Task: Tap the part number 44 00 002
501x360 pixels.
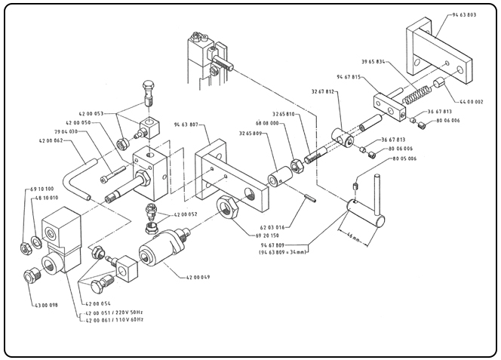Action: pos(472,101)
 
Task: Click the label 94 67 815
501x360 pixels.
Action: pos(361,77)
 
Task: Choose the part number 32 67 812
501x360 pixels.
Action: pos(323,91)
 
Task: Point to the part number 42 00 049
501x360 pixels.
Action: pos(199,278)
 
